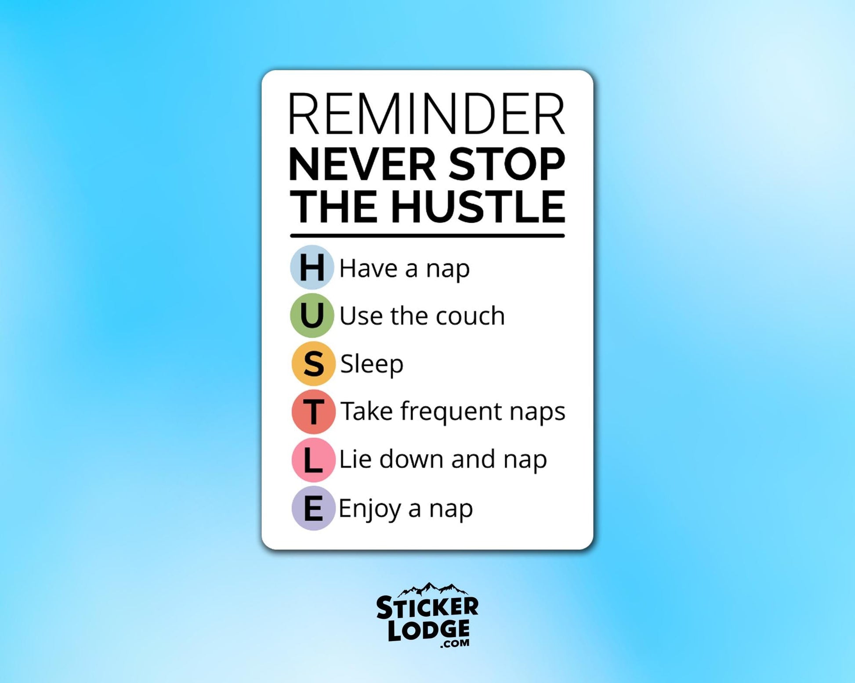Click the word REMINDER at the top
coord(427,114)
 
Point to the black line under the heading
coord(427,236)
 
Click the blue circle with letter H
coord(312,267)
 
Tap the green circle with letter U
coord(312,315)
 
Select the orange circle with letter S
coord(313,364)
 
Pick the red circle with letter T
coord(313,412)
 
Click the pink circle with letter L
coord(313,460)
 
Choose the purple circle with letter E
coord(313,508)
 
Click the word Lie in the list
coord(355,459)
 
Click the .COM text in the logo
coord(454,643)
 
